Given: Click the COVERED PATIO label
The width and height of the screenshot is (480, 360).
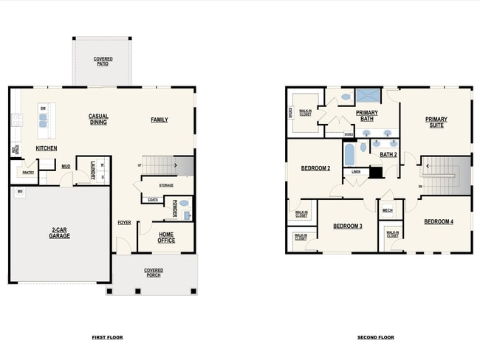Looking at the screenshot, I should [x=102, y=61].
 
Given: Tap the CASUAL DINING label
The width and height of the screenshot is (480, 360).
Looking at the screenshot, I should [x=98, y=119].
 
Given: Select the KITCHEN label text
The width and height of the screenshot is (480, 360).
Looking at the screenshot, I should [x=47, y=148].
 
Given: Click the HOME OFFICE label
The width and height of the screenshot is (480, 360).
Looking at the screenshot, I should [x=166, y=237].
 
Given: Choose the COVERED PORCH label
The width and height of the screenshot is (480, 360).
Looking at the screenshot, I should [x=154, y=273].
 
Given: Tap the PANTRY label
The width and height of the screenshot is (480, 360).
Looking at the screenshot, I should [x=27, y=173].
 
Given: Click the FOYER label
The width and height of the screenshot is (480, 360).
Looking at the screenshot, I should [x=124, y=222].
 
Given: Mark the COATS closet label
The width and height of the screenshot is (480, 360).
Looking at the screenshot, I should [x=153, y=199].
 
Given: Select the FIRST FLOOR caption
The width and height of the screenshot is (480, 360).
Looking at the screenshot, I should [x=107, y=337].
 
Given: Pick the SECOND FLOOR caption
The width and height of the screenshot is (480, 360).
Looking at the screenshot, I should [x=375, y=337].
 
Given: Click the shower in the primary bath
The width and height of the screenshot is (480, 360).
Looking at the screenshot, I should [x=367, y=96].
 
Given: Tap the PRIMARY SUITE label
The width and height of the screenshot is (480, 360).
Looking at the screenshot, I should [x=436, y=122].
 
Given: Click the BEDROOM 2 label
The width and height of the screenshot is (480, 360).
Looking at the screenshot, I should [x=315, y=168].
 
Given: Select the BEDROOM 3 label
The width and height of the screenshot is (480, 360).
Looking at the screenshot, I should [x=347, y=226].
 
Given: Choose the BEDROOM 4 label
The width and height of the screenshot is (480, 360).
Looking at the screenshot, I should [x=439, y=221].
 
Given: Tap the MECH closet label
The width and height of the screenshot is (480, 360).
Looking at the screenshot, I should [x=388, y=210].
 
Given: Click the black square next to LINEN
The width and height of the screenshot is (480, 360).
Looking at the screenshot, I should [x=375, y=172].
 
